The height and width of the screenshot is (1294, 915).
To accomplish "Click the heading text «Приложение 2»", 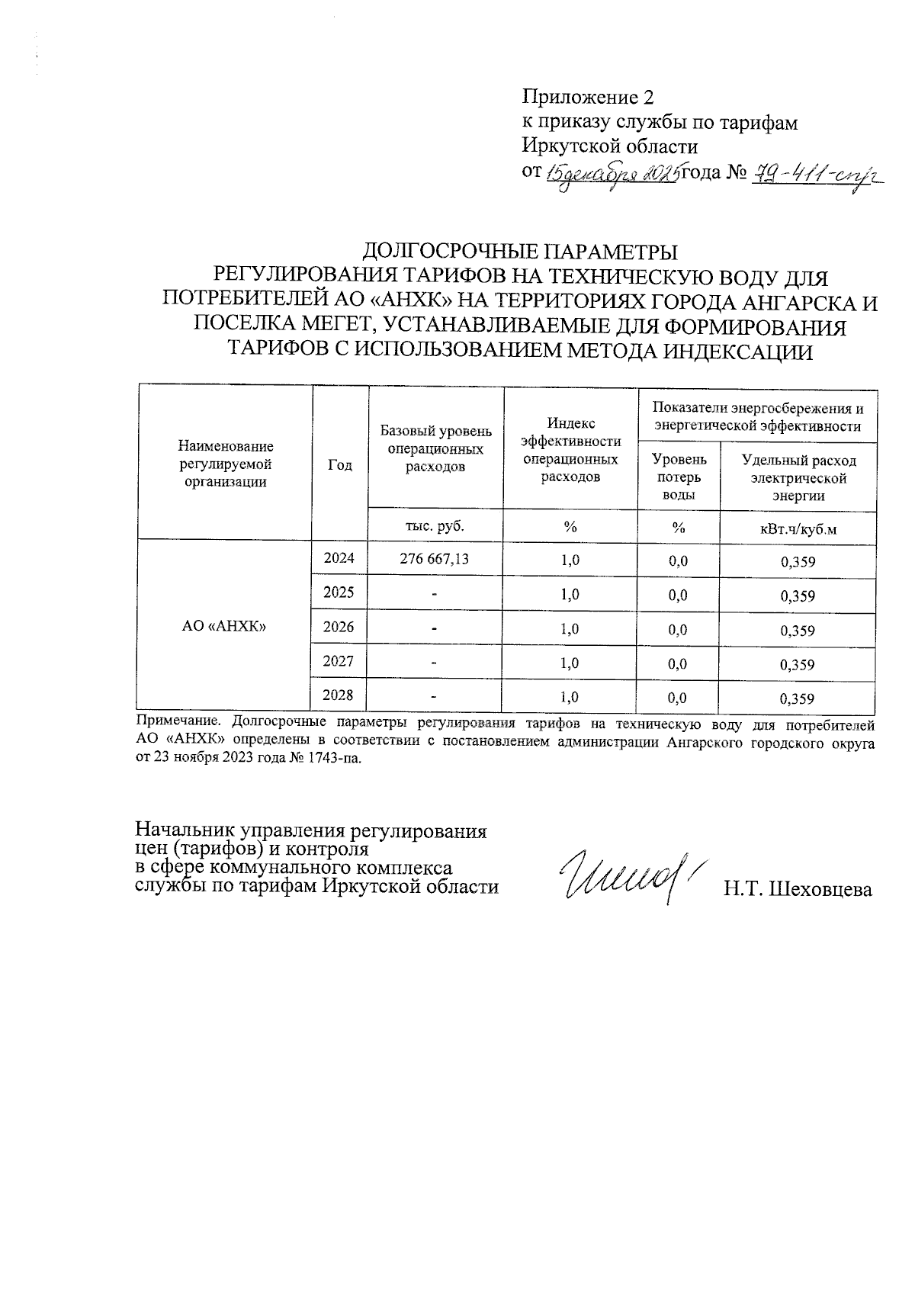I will pos(588,98).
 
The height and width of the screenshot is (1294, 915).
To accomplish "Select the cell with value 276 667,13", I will pos(435,559).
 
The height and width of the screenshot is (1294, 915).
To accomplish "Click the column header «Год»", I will pos(339,464).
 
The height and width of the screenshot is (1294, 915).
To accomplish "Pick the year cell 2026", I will pos(339,628).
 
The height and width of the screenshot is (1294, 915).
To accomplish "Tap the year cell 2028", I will pos(339,695).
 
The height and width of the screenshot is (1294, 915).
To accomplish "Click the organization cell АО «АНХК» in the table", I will pos(223,626).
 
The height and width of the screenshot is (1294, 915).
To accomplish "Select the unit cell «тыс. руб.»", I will pos(435,526).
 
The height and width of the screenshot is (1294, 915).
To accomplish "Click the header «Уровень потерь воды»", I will pos(678,477).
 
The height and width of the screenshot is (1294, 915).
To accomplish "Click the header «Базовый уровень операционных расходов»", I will pos(435,448).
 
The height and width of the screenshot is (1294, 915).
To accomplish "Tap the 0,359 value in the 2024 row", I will pos(798,562).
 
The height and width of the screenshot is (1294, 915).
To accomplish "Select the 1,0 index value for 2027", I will pos(570,663).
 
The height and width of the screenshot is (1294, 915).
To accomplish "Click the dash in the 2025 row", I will pos(434,595).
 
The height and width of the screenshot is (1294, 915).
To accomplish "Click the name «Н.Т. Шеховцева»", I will pos(798,889).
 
